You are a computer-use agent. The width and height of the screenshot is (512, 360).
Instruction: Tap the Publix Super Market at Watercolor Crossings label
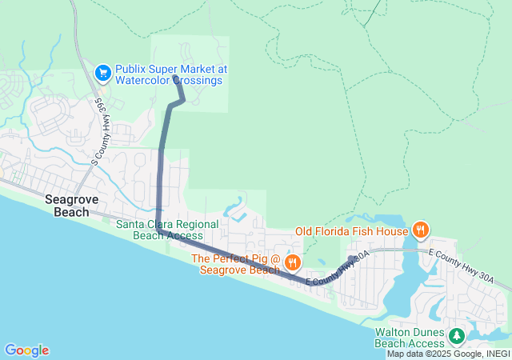171,74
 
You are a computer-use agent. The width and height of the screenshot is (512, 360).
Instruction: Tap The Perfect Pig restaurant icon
293,262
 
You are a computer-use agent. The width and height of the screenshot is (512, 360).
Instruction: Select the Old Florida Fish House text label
351,232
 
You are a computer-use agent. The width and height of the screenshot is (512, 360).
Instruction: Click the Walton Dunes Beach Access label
409,338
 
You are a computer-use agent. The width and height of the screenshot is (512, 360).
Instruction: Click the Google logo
26,350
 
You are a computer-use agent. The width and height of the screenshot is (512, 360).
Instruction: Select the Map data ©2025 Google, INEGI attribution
448,354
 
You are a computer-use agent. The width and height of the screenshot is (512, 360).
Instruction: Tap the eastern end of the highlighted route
351,258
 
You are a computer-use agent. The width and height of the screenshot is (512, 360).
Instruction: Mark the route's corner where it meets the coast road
160,232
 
